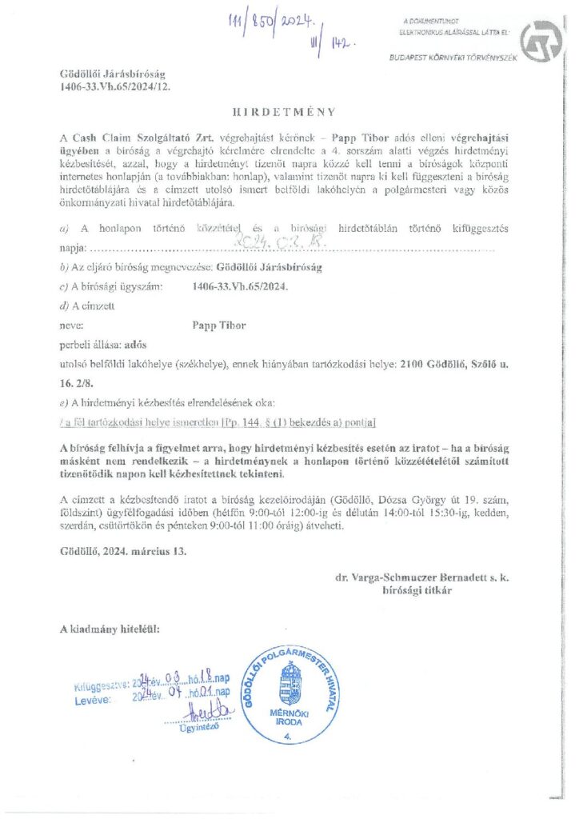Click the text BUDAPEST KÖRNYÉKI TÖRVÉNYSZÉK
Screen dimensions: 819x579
(x=453, y=58)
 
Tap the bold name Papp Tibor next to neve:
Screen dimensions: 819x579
(x=219, y=326)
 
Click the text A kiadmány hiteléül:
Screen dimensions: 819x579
(x=110, y=629)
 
